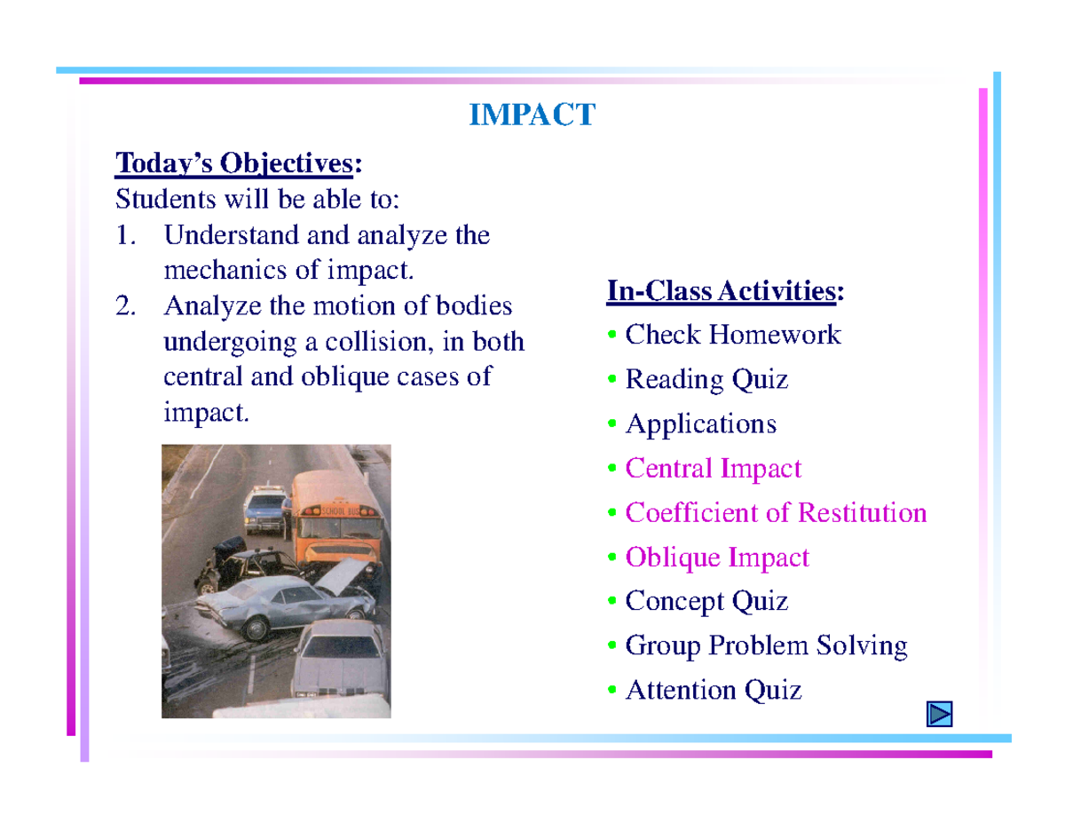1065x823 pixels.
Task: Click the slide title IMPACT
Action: [x=531, y=115]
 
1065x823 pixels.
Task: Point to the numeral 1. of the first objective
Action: [x=126, y=236]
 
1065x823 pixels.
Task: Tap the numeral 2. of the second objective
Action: [x=126, y=307]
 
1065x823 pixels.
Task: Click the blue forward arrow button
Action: [x=939, y=714]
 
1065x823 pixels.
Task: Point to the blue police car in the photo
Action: [x=264, y=510]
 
